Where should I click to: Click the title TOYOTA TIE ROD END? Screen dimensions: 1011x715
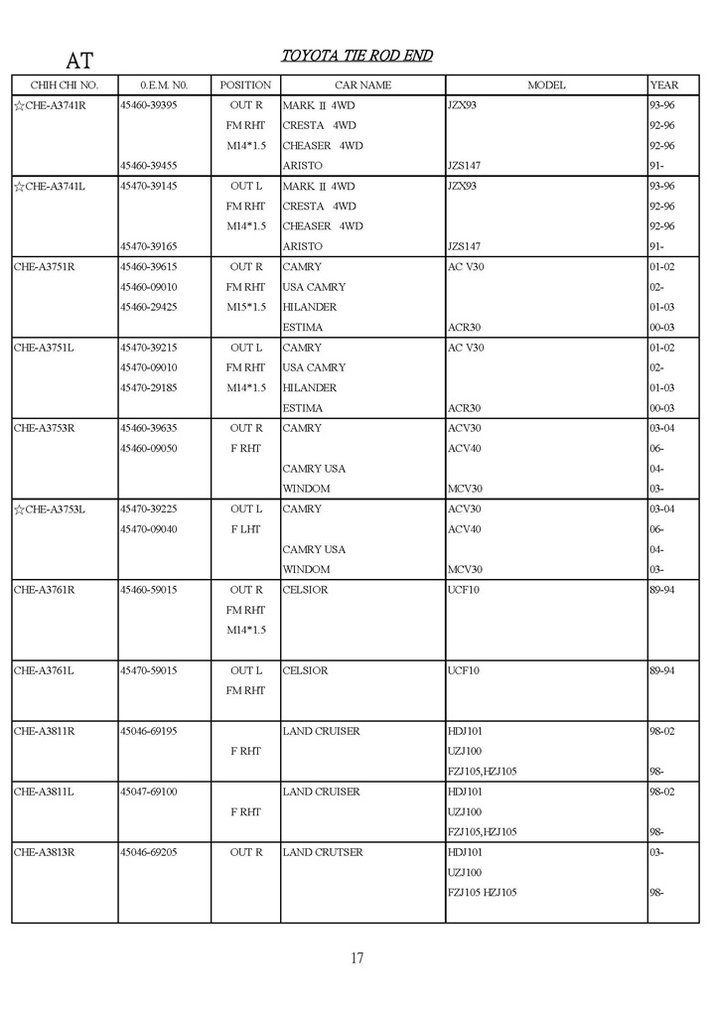(x=357, y=56)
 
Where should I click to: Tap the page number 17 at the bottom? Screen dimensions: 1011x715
(x=357, y=958)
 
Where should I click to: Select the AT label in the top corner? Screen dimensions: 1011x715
(x=79, y=61)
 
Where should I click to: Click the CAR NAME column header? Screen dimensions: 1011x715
(x=362, y=85)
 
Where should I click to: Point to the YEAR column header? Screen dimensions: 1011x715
(x=663, y=85)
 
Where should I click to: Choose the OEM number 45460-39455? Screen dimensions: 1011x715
(x=148, y=166)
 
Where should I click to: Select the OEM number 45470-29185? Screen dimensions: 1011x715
(x=148, y=388)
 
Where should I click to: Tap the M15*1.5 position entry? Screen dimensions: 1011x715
(x=245, y=307)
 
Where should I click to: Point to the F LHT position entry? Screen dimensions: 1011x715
(x=245, y=529)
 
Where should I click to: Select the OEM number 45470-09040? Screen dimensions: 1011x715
(x=148, y=529)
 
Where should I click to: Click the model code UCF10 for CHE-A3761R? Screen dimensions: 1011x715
(x=464, y=590)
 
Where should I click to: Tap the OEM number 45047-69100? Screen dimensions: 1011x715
(x=148, y=792)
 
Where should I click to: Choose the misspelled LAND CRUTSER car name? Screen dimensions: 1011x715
(x=323, y=852)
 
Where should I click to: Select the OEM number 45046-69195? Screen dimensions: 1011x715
(x=148, y=731)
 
